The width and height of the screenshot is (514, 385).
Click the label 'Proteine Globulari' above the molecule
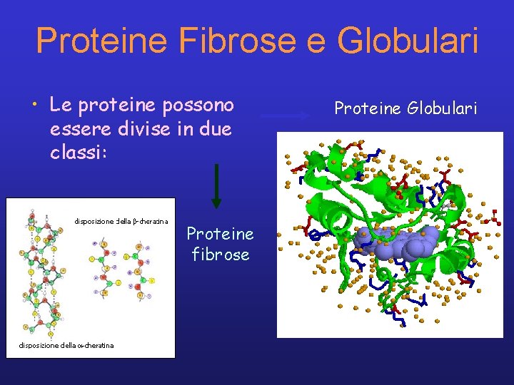point(405,108)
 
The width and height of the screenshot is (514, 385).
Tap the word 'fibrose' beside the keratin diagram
point(221,254)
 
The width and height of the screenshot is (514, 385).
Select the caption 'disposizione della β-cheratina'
point(121,222)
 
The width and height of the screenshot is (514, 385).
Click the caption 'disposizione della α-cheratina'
point(66,346)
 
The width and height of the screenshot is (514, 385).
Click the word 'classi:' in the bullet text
point(79,153)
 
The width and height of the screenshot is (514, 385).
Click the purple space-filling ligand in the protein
point(400,244)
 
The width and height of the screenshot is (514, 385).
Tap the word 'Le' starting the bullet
point(59,106)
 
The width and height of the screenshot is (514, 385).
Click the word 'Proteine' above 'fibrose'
point(220,234)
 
